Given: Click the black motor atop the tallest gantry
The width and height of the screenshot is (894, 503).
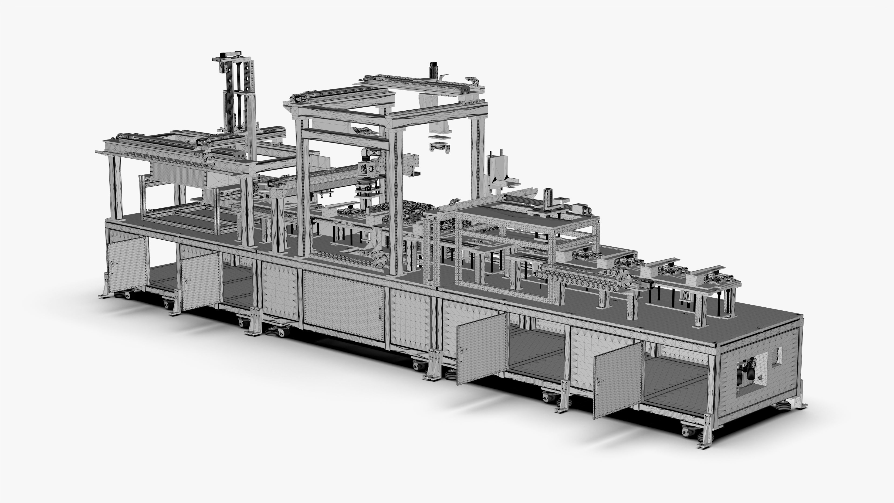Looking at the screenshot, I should [434, 70].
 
